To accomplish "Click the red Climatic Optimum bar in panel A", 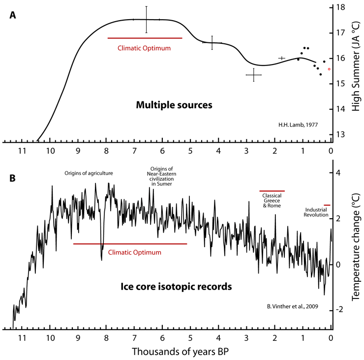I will pyautogui.click(x=145, y=38).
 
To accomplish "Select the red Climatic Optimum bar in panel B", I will pyautogui.click(x=130, y=243).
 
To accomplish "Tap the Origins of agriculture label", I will pyautogui.click(x=89, y=173).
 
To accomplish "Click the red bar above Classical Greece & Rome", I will pyautogui.click(x=272, y=191).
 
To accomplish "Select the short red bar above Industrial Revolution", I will pyautogui.click(x=327, y=205).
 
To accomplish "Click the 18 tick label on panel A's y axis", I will pyautogui.click(x=340, y=7).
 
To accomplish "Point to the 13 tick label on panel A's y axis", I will pyautogui.click(x=340, y=134).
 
